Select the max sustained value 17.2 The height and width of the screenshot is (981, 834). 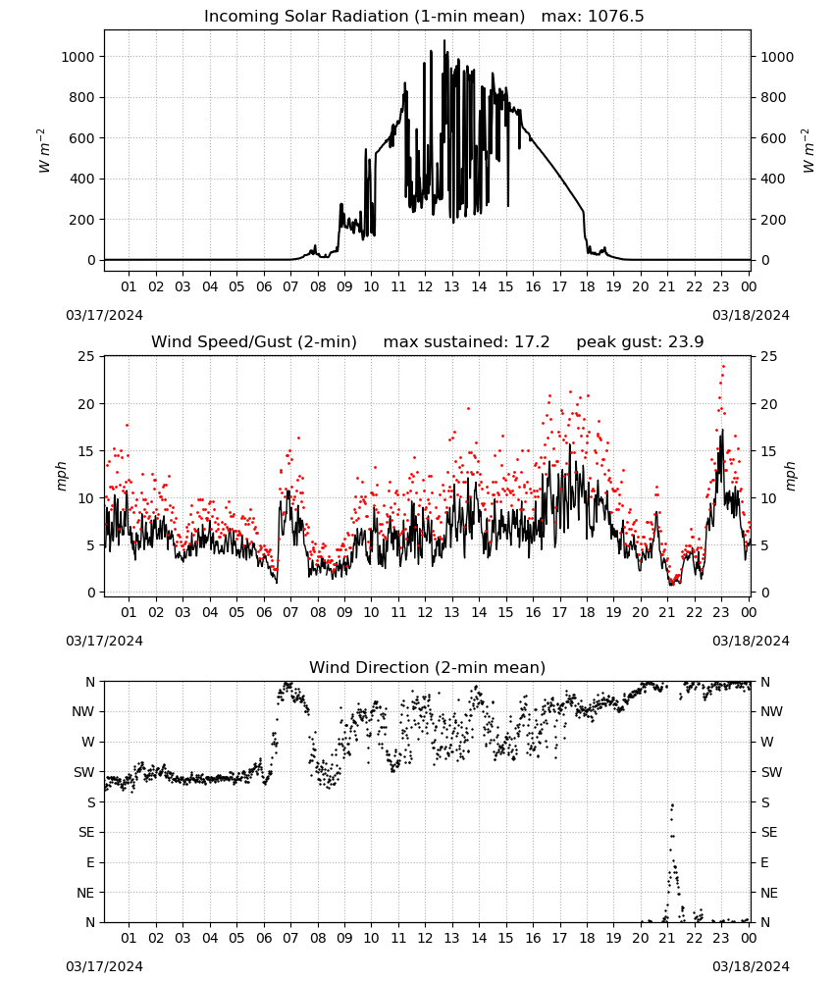(532, 342)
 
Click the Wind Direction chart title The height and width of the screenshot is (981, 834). (428, 667)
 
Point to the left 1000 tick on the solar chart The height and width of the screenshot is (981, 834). (78, 57)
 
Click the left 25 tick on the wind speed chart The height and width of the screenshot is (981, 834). (86, 357)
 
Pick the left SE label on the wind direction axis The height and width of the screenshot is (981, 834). (86, 832)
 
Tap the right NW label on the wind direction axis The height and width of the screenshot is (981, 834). (771, 711)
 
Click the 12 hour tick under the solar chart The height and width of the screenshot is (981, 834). (425, 286)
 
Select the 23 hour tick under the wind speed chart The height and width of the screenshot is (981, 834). (721, 612)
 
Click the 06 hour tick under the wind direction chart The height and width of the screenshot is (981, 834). (263, 938)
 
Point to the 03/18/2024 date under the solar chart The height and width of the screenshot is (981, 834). (751, 315)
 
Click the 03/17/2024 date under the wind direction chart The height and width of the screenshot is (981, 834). (104, 966)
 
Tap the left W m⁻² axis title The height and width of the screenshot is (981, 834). (43, 151)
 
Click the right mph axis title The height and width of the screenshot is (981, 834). (790, 476)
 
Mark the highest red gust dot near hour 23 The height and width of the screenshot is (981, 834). (723, 366)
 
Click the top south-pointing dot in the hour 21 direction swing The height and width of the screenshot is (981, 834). (672, 805)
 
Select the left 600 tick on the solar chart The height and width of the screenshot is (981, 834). (81, 138)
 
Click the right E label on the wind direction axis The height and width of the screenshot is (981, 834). (764, 862)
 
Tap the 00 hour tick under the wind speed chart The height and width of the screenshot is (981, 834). (749, 612)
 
